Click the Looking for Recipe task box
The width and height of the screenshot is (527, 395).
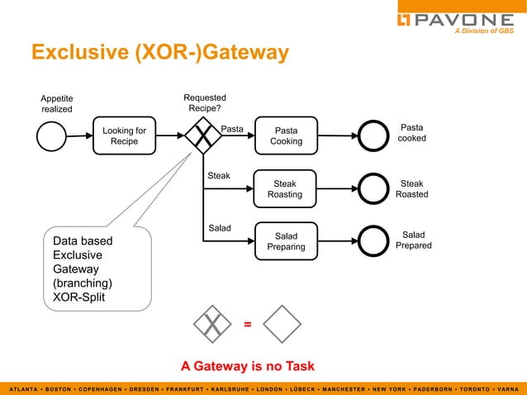tap(124, 136)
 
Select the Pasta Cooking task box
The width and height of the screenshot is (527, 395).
tap(286, 136)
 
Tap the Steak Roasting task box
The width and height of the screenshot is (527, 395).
tap(285, 189)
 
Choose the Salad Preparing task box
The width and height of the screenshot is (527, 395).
tap(286, 241)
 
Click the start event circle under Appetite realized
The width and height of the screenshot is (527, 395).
tap(51, 136)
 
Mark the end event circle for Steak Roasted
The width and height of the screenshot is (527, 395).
tap(373, 188)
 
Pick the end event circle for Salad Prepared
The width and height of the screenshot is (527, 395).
tap(373, 241)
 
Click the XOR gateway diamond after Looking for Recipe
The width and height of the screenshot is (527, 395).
tap(202, 136)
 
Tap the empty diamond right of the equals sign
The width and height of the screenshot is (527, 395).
tap(282, 324)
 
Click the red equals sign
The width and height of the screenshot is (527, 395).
tap(247, 324)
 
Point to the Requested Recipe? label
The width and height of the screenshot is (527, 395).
tap(204, 103)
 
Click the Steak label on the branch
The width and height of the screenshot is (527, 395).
tap(219, 176)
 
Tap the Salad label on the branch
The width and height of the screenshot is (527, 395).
tap(219, 227)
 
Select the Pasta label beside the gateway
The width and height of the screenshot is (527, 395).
tap(232, 129)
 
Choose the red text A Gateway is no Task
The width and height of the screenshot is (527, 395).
tap(247, 366)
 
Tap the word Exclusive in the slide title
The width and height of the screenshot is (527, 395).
tap(76, 53)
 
